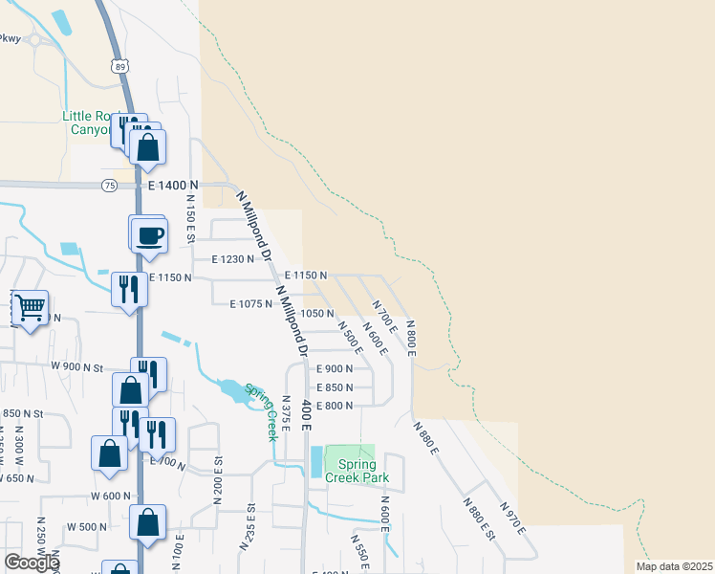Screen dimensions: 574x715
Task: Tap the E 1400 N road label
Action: pyautogui.click(x=173, y=185)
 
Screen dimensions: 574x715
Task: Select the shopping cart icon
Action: pyautogui.click(x=31, y=307)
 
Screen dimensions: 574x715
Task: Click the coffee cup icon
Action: pyautogui.click(x=151, y=234)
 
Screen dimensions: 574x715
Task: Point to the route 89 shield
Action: pyautogui.click(x=117, y=65)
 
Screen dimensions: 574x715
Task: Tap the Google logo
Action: pyautogui.click(x=32, y=563)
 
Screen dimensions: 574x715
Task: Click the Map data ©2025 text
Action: pyautogui.click(x=674, y=565)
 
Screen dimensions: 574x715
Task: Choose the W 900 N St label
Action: pyautogui.click(x=78, y=367)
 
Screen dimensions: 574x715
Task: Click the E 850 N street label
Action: pyautogui.click(x=335, y=387)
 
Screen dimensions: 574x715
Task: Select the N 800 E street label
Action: pyautogui.click(x=409, y=338)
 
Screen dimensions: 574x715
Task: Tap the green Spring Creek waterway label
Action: pyautogui.click(x=261, y=410)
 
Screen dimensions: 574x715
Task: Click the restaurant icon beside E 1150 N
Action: pyautogui.click(x=128, y=288)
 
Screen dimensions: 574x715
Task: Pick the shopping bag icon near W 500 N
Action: pyautogui.click(x=147, y=522)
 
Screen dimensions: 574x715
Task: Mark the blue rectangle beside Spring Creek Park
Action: pyautogui.click(x=316, y=462)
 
